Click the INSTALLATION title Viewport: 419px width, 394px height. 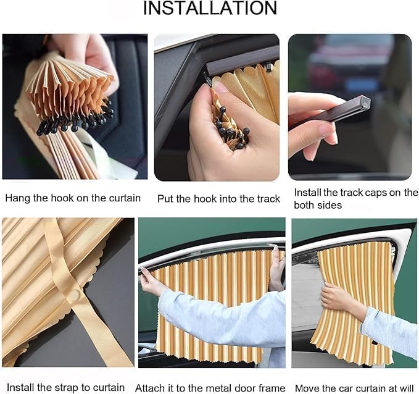tap(209, 9)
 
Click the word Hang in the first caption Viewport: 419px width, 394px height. tap(17, 198)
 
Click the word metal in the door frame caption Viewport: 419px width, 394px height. tap(219, 388)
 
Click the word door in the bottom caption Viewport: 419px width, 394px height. tap(247, 388)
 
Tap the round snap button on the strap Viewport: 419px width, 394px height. tap(75, 296)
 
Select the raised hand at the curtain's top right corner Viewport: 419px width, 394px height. tap(276, 266)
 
